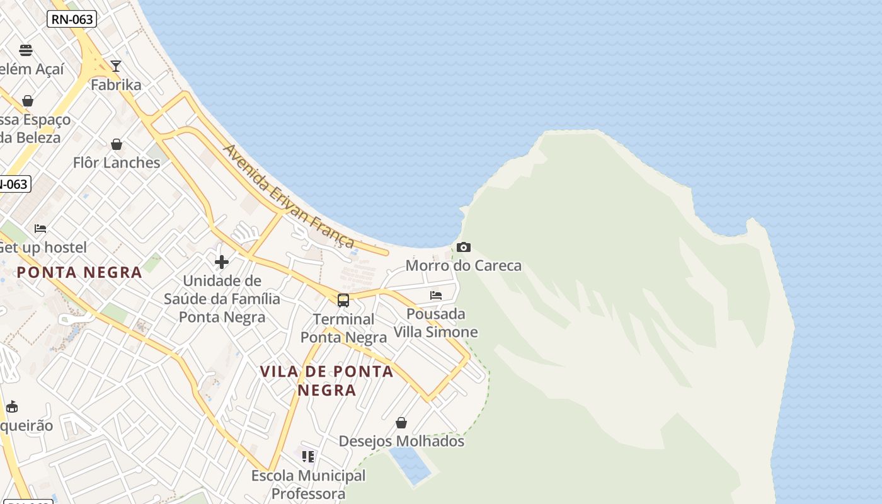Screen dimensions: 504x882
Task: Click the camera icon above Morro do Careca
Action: click(x=464, y=247)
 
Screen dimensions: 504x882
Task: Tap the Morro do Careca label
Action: click(x=464, y=265)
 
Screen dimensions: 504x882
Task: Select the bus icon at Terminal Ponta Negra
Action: click(x=343, y=301)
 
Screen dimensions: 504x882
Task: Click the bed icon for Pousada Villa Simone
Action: click(x=435, y=295)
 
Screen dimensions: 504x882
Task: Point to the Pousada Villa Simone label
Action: click(x=436, y=323)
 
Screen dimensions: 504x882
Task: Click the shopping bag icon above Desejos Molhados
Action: click(x=401, y=423)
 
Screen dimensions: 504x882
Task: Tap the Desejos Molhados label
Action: click(x=401, y=441)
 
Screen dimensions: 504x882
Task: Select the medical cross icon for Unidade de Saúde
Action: click(x=222, y=262)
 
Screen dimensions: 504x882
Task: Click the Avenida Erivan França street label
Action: click(x=289, y=197)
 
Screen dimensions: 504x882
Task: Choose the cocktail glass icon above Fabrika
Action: click(x=116, y=66)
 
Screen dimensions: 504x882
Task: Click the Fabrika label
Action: click(x=116, y=84)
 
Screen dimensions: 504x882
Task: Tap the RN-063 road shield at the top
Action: click(x=72, y=20)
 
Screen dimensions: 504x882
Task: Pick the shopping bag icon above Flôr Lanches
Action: click(x=117, y=145)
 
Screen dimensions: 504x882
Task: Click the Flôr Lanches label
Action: click(x=117, y=163)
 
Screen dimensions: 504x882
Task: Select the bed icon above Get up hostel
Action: click(x=40, y=229)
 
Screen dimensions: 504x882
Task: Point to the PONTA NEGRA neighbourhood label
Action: click(x=79, y=272)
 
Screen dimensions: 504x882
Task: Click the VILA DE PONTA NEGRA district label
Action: click(x=327, y=381)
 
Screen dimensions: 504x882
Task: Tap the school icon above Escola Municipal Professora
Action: click(x=308, y=456)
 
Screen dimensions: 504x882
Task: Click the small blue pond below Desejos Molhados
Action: click(x=410, y=466)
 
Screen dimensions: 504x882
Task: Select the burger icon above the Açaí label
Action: click(x=26, y=50)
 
